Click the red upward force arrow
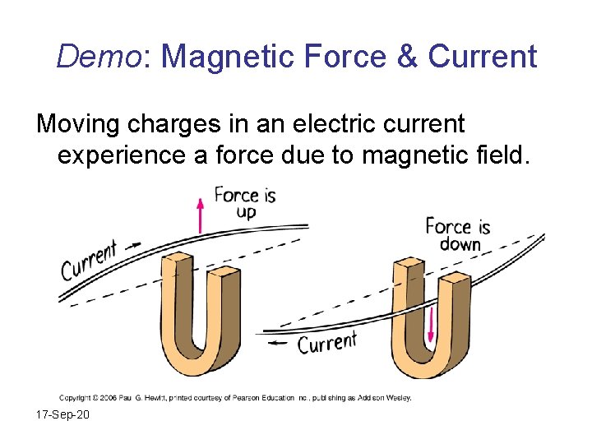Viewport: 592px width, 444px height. (200, 215)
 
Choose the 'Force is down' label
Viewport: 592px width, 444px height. (458, 234)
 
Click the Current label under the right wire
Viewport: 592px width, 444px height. (326, 342)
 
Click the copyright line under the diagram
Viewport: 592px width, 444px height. (235, 398)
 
